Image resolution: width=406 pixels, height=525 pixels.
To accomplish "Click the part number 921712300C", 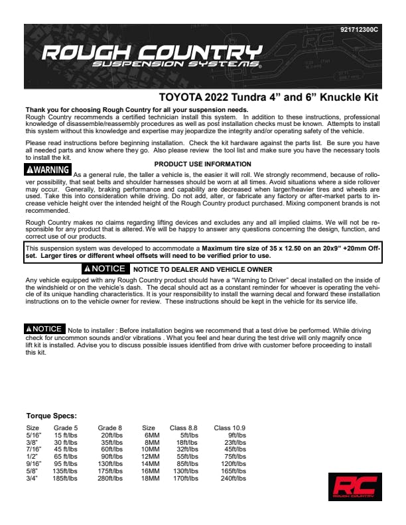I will (x=358, y=30).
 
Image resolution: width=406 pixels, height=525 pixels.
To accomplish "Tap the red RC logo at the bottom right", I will (x=352, y=486).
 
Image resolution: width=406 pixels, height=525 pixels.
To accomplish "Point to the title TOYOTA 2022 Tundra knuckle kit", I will (x=268, y=97).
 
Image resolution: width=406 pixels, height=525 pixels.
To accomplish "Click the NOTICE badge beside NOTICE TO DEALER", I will (x=104, y=269).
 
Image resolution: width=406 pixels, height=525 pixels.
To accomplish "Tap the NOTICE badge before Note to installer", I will (x=44, y=329).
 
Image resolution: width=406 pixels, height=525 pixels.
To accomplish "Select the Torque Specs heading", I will (x=52, y=416).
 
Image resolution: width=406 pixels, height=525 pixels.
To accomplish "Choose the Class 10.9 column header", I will (x=230, y=428).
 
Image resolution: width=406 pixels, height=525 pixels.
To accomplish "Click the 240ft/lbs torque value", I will (x=234, y=478).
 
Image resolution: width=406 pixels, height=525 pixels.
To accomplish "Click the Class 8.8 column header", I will (x=186, y=428).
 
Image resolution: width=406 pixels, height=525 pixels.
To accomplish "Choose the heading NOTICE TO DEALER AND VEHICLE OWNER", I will (x=202, y=270).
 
